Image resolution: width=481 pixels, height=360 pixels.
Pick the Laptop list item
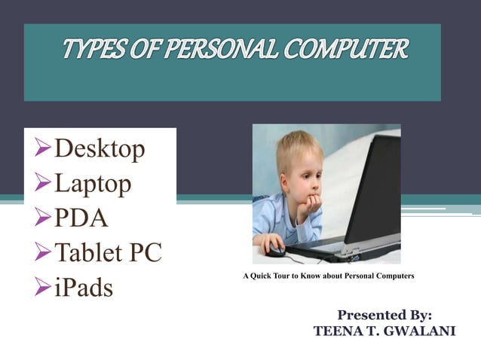pos(92,183)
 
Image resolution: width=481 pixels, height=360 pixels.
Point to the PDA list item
pos(81,218)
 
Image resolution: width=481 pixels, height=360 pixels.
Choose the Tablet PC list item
pos(108,253)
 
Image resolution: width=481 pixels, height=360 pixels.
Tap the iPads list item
pos(84,288)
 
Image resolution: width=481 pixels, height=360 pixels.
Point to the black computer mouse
pos(276,250)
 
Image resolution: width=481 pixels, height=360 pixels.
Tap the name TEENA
pos(335,331)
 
